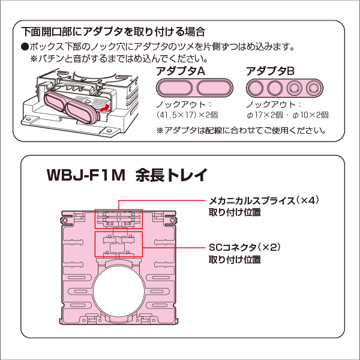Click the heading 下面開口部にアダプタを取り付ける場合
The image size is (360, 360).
(113, 31)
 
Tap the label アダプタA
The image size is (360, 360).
(181, 71)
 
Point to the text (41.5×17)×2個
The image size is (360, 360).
(187, 115)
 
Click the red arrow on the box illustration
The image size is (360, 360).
(104, 107)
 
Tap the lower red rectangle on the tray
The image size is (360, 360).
(119, 244)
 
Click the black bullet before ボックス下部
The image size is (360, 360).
(25, 46)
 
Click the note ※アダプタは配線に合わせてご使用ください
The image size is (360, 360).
(241, 130)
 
